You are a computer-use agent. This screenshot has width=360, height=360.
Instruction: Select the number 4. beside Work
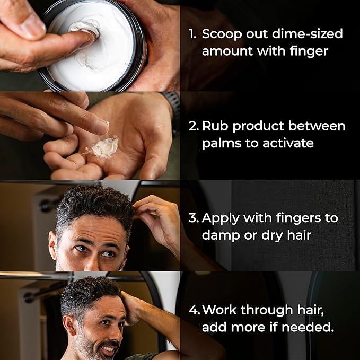point(195,310)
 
